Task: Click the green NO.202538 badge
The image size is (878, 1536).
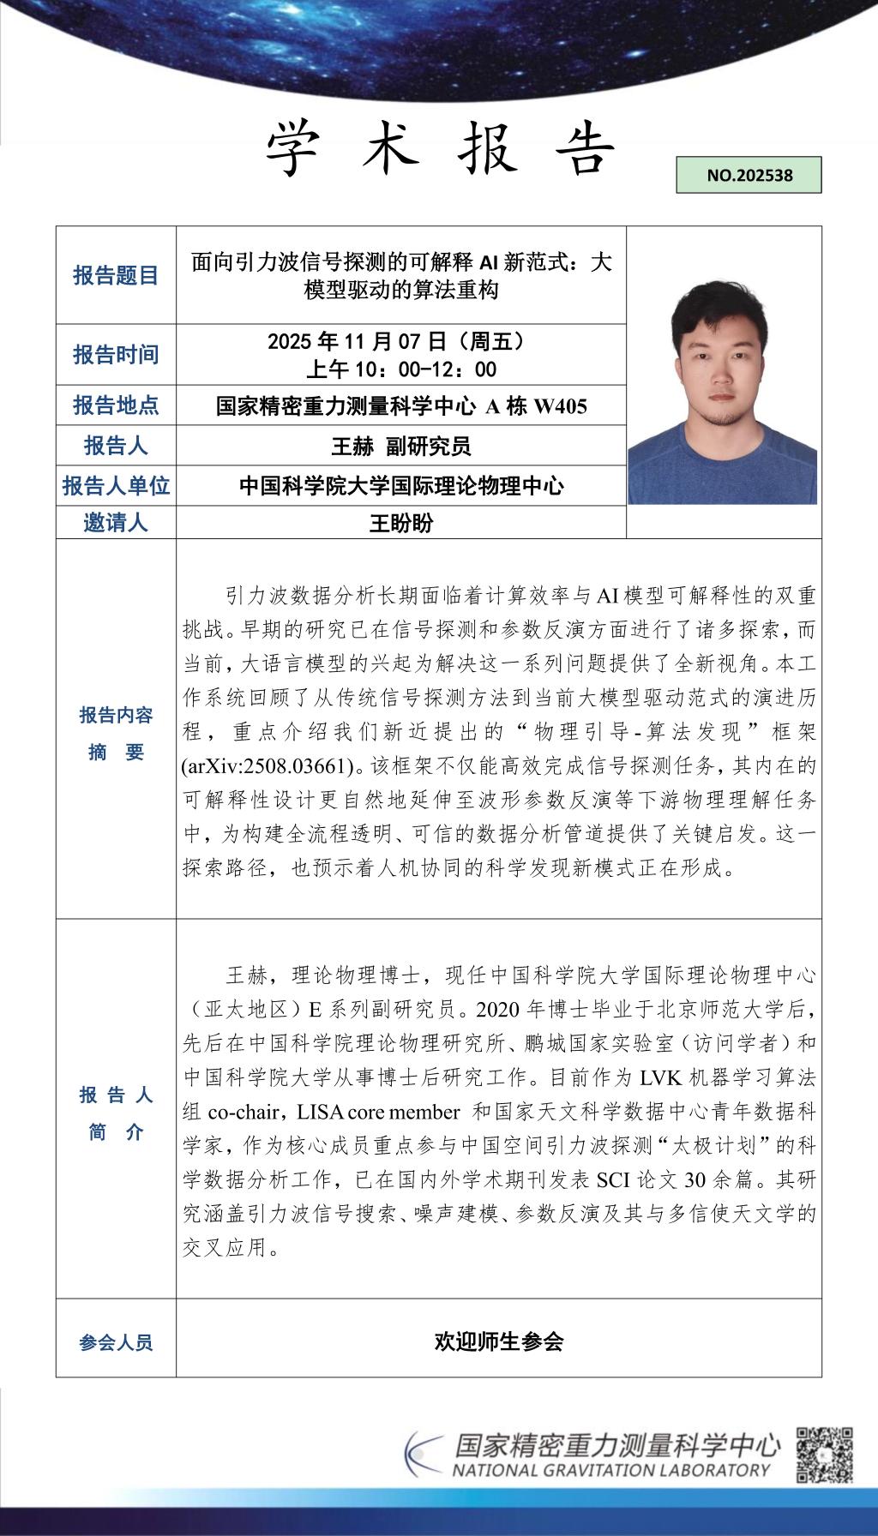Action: point(749,175)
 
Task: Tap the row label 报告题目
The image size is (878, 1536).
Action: point(116,275)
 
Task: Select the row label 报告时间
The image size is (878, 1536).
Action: point(116,354)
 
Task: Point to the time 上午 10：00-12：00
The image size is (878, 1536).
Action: point(401,369)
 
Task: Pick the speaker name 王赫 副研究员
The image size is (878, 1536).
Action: point(401,446)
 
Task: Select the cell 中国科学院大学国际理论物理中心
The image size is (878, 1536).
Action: point(401,486)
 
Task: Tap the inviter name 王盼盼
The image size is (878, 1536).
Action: point(401,523)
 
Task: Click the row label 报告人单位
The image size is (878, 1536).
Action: point(116,486)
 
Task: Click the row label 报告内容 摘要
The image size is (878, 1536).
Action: point(116,733)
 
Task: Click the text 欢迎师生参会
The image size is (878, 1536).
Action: point(498,1341)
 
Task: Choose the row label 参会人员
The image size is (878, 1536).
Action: point(116,1342)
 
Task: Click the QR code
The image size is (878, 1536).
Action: point(824,1455)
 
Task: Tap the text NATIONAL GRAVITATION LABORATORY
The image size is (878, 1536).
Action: point(611,1470)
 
